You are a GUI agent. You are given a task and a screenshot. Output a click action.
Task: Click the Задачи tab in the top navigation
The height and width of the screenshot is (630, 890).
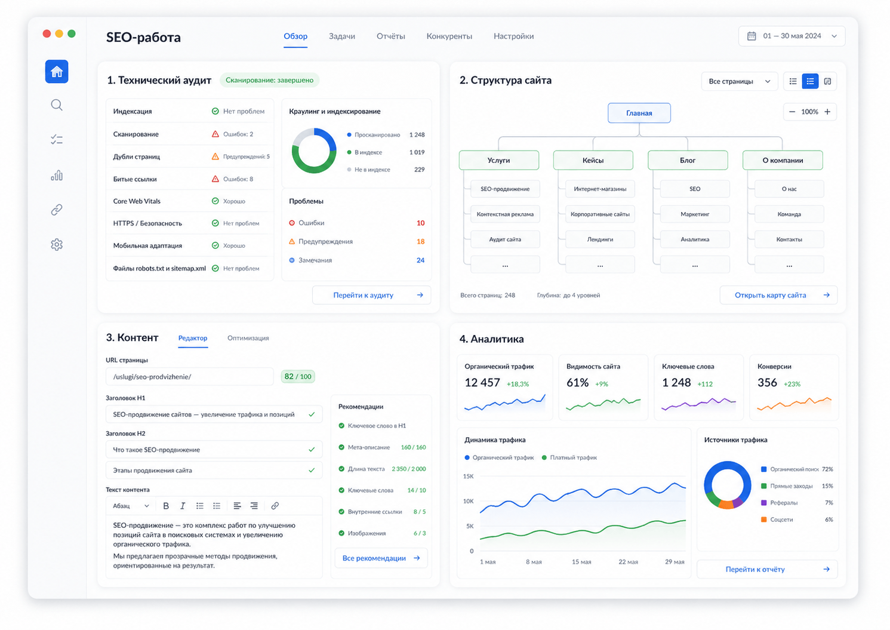point(341,36)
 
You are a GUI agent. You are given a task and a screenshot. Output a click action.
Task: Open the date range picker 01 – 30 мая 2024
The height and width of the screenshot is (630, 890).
point(792,36)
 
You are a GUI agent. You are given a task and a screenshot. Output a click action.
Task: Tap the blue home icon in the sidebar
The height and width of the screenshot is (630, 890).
point(57,72)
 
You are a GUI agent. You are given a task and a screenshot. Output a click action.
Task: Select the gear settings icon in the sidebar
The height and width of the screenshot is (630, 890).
point(57,244)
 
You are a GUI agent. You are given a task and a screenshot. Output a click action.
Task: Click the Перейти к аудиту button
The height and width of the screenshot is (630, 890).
point(371,295)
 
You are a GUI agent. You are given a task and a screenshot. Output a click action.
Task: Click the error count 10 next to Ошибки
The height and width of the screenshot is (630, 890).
point(420,223)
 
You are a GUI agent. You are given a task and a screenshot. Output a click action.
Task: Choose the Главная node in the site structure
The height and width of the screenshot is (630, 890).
point(639,113)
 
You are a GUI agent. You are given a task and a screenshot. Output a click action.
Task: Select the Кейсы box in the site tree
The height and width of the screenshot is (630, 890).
point(593,160)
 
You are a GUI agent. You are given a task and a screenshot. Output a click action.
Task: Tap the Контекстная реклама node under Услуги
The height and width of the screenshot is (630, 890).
point(505,214)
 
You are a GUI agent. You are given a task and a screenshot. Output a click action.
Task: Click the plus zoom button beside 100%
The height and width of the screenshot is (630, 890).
point(827,112)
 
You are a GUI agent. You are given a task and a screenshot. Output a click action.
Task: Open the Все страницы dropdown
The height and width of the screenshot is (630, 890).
point(739,81)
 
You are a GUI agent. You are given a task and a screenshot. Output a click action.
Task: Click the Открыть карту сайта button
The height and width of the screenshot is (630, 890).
point(778,295)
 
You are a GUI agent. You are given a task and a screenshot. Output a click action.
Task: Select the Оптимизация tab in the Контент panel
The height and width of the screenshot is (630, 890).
point(248,338)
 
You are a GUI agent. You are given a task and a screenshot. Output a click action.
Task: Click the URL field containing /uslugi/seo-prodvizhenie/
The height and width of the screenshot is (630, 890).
point(190,376)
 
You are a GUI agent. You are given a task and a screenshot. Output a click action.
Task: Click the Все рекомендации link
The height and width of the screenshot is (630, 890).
point(381,558)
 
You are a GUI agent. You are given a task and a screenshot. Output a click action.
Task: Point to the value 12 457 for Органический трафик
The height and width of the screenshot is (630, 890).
point(482,382)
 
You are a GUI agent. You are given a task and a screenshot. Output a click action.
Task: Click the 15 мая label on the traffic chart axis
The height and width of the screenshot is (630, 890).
point(581,562)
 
